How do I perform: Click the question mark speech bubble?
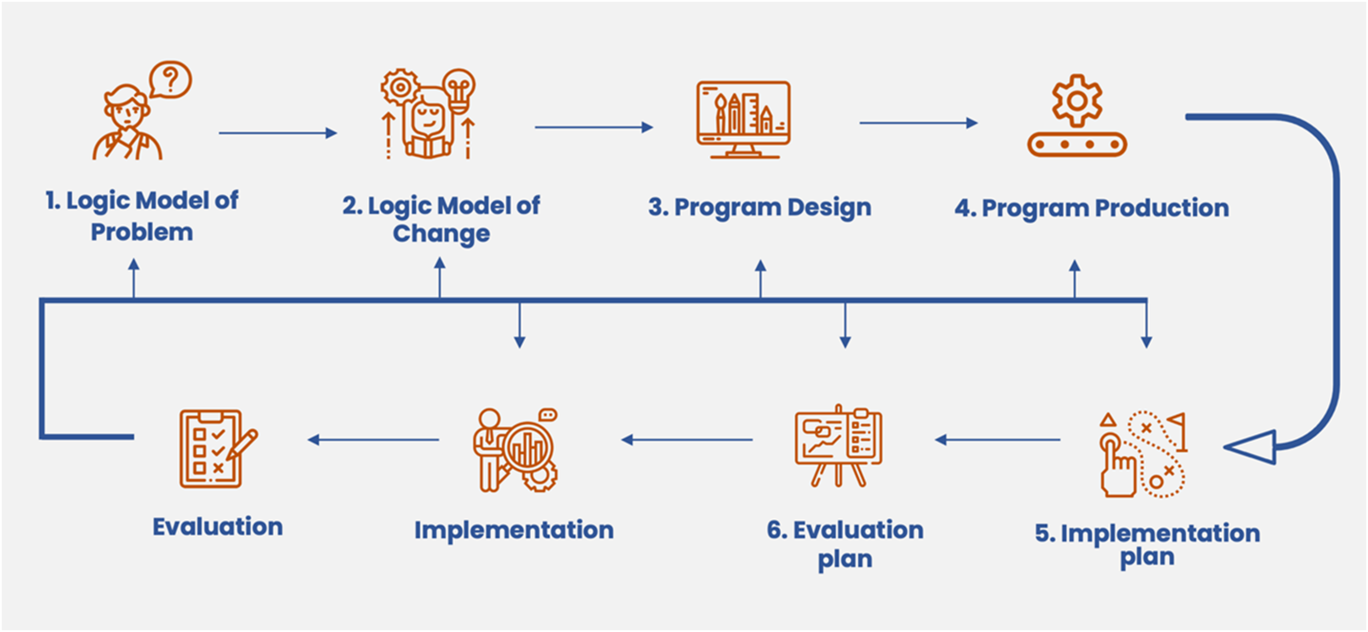[x=170, y=80]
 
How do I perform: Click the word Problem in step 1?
[x=142, y=232]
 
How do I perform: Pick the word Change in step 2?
[x=441, y=234]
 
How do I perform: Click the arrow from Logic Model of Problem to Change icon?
[x=278, y=133]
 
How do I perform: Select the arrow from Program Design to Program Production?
[x=919, y=123]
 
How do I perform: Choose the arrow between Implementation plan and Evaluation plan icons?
[x=997, y=440]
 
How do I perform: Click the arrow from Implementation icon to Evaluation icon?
[x=373, y=440]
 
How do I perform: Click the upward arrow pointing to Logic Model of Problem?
[x=134, y=278]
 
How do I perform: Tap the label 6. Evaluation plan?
[x=845, y=544]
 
